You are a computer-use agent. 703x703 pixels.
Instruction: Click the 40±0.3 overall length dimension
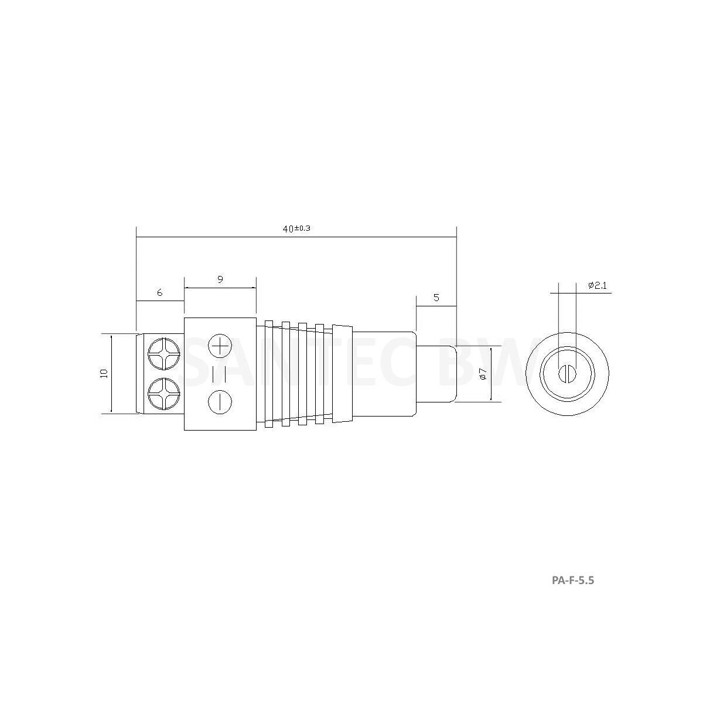point(296,228)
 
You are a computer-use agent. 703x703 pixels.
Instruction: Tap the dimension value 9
point(220,279)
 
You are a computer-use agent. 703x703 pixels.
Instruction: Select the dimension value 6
point(159,292)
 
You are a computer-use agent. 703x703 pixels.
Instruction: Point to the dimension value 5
point(436,298)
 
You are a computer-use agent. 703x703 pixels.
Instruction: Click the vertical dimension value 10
point(104,373)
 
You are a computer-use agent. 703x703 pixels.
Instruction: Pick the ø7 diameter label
point(483,374)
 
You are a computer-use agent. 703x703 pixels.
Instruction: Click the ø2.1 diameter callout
point(597,286)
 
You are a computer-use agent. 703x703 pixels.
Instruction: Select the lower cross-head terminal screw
point(164,394)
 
